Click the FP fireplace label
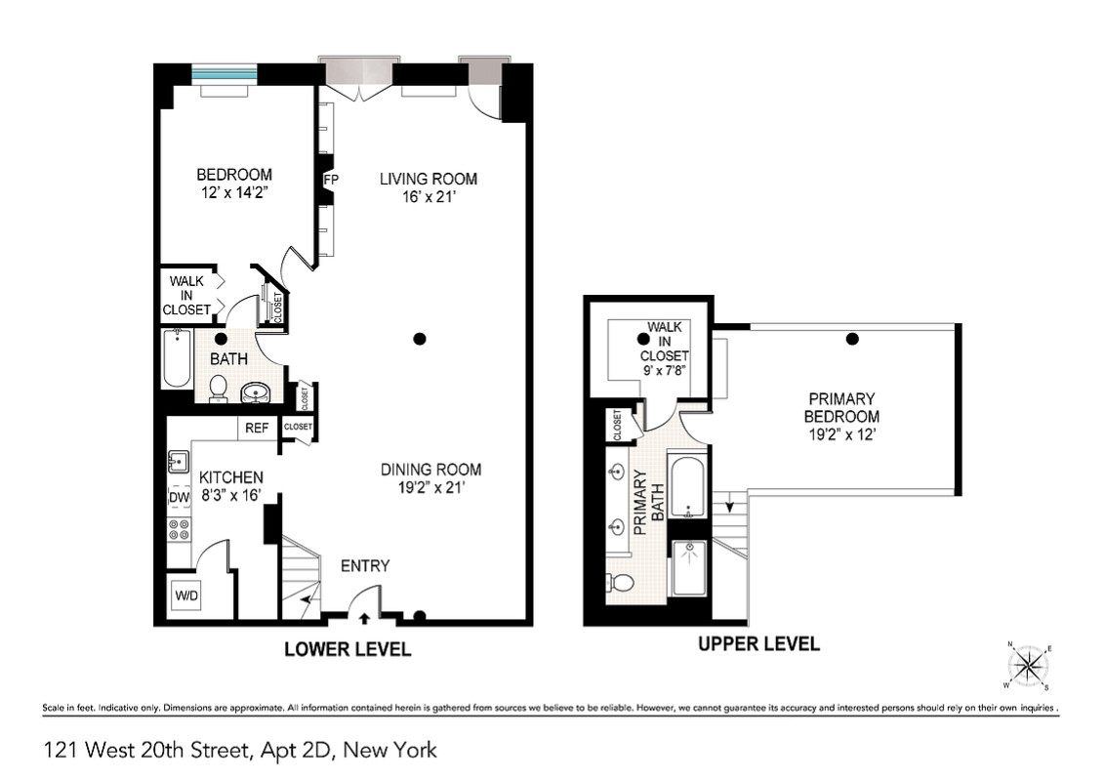point(331,180)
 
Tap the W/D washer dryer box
point(185,596)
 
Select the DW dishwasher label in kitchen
point(179,498)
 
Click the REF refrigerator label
point(257,428)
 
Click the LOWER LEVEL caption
point(348,649)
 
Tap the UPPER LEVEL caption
point(758,643)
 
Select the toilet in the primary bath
point(621,583)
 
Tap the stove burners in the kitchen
point(180,530)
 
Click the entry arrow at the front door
point(365,617)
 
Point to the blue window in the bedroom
point(224,74)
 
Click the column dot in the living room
point(420,339)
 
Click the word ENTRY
point(365,566)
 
